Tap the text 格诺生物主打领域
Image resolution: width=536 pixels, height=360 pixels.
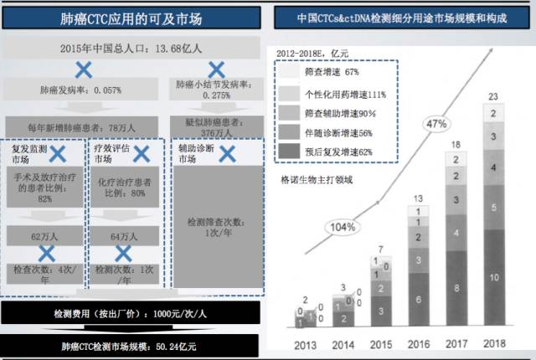point(321,178)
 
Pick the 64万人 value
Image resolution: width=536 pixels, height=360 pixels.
point(124,238)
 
